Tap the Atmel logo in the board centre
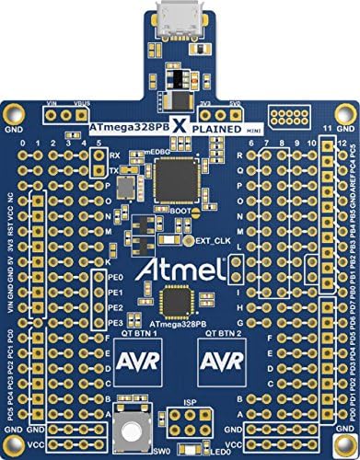180,246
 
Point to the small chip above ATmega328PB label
176,275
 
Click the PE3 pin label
115,297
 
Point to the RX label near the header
112,155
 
